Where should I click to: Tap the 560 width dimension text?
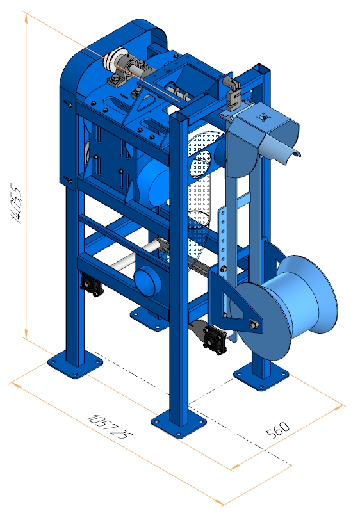click(278, 430)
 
